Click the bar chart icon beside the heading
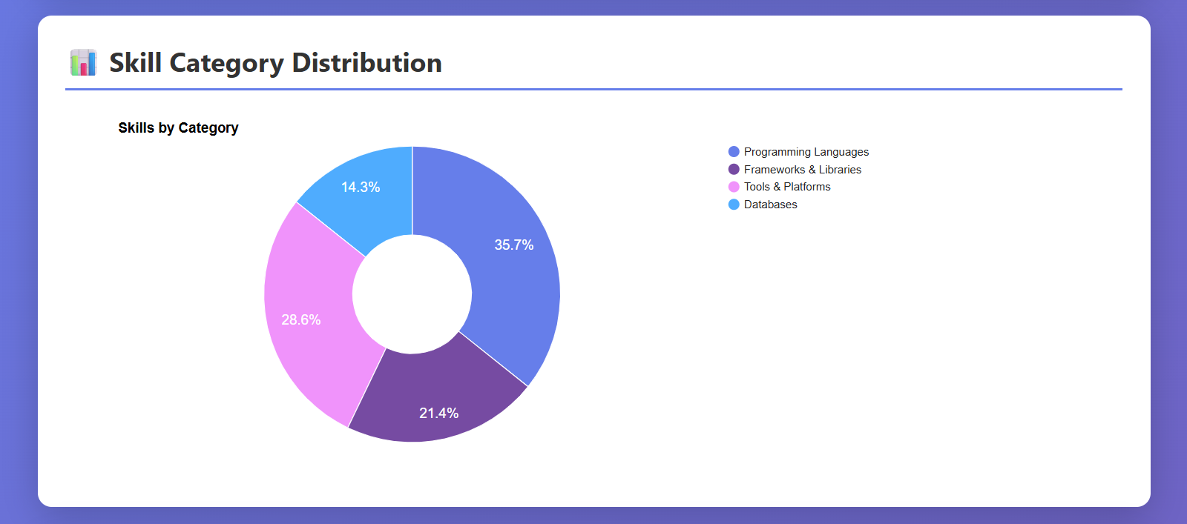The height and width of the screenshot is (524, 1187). [x=83, y=63]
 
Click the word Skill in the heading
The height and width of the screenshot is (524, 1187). [x=135, y=63]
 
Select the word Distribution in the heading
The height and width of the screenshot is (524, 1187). [x=366, y=63]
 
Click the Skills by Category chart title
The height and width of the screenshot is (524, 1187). [x=178, y=127]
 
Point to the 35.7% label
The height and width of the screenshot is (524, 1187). [x=513, y=245]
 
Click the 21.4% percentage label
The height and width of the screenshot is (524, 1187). [x=438, y=414]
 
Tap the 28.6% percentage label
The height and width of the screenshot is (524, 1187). [x=300, y=320]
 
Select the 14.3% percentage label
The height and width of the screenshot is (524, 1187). [x=360, y=188]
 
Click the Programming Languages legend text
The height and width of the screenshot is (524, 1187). [x=806, y=152]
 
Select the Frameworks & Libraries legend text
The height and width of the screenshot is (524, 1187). [x=802, y=170]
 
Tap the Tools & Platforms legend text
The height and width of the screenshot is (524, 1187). [x=786, y=187]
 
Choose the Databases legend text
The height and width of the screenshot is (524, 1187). [x=770, y=205]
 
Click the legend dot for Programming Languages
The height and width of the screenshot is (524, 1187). [x=734, y=152]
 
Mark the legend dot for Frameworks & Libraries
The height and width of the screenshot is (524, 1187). [x=734, y=170]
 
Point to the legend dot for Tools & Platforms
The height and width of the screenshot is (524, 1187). [x=734, y=187]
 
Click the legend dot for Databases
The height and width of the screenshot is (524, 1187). [x=734, y=205]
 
